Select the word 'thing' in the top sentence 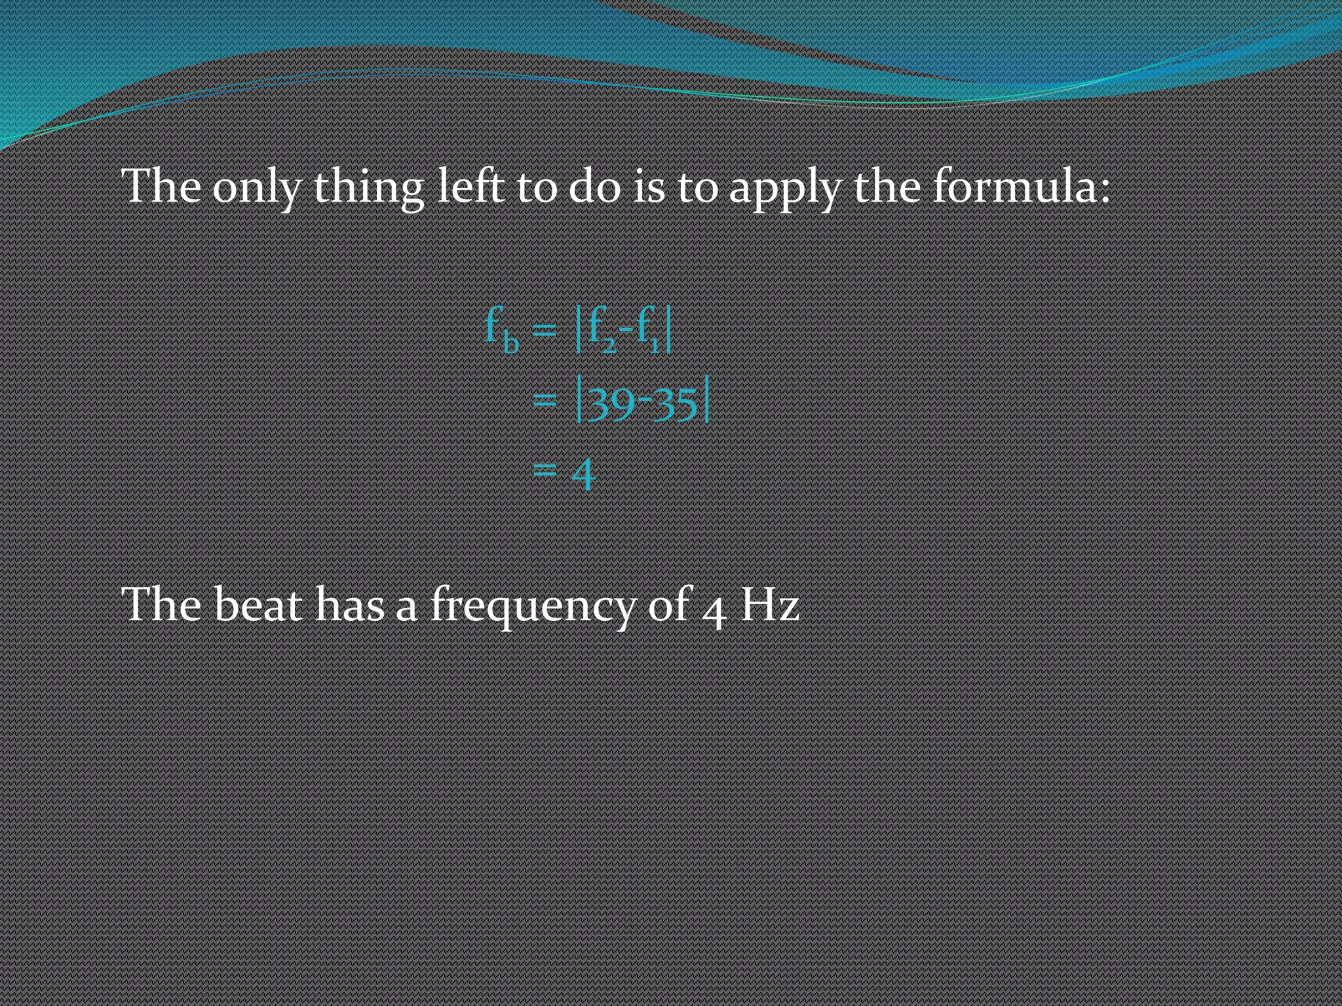tap(369, 188)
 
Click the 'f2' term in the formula tap(602, 330)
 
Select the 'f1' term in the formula tap(649, 330)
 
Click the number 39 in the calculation tap(611, 403)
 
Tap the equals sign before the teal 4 tap(545, 470)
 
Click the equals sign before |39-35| tap(545, 399)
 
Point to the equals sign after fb tap(545, 330)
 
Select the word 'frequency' tap(533, 606)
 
